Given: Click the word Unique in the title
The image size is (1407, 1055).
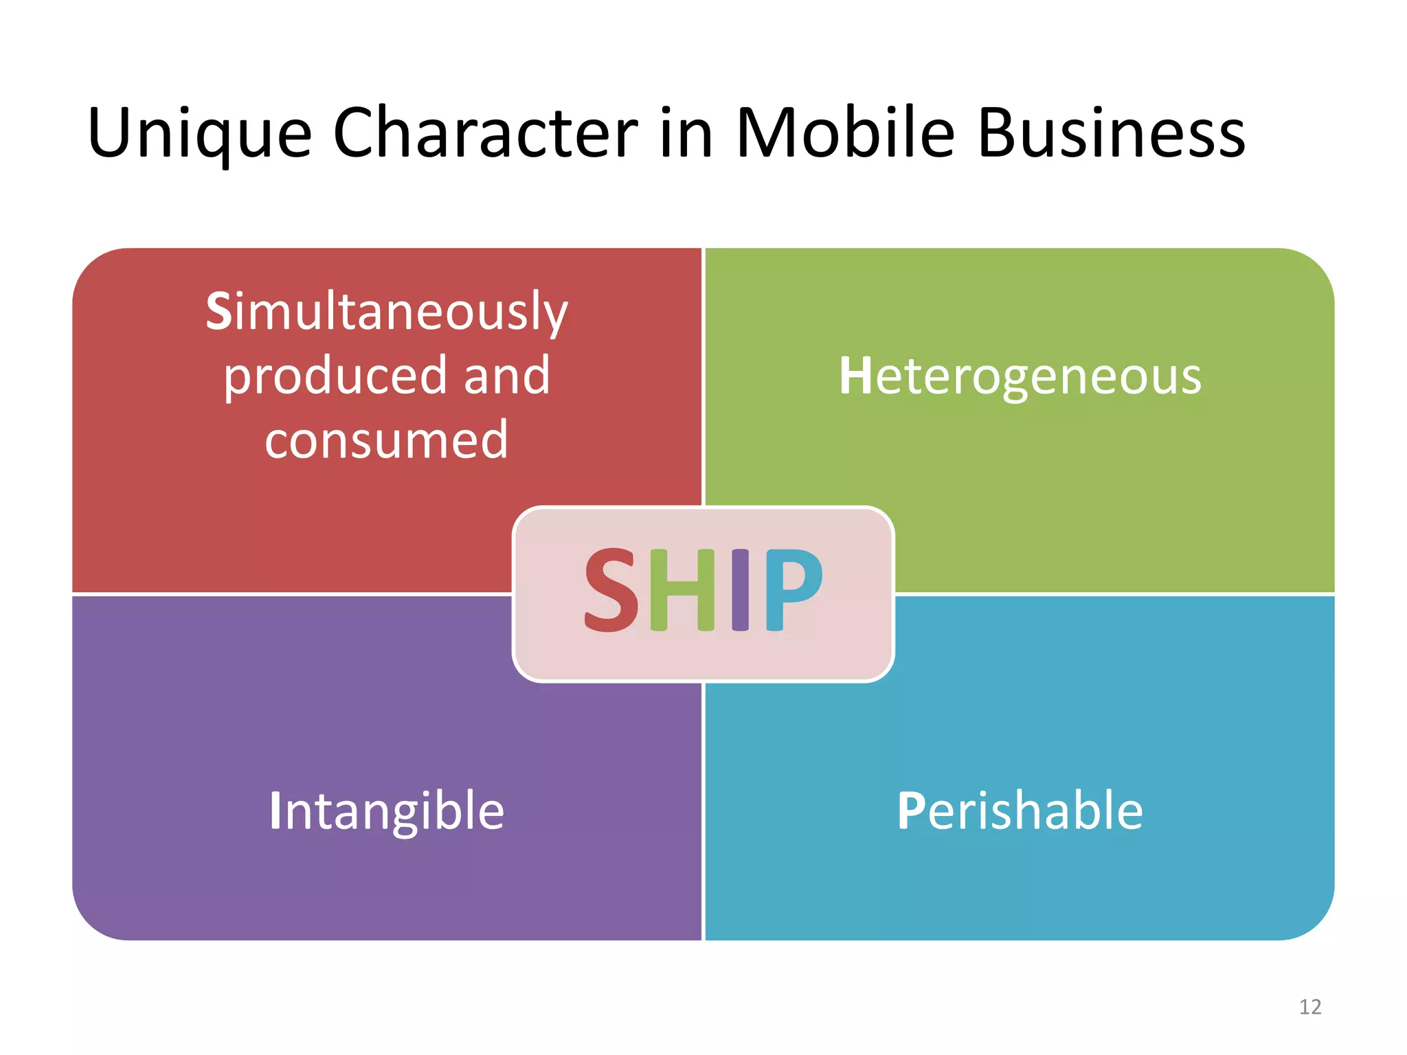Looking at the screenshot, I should pos(199,134).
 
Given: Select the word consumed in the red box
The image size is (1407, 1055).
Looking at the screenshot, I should pos(387,440).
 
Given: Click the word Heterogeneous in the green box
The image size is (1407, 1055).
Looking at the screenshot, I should pos(1020,376).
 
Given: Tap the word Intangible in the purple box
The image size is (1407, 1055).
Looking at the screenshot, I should pos(387,811).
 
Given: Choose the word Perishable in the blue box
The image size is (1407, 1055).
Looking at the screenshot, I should pos(1020,811).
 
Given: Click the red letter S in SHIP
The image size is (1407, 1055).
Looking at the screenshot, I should pos(611,590).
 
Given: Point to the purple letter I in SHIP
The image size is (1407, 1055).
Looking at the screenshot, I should pos(740,590).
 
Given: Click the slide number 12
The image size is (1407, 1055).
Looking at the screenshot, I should pos(1310,1007).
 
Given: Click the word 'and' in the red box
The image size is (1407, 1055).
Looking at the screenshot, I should pos(507,376).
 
